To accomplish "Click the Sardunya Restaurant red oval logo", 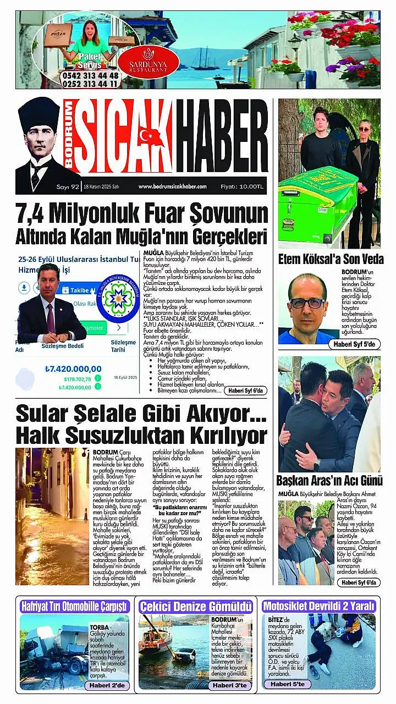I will [148, 61].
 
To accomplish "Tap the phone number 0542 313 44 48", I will [91, 76].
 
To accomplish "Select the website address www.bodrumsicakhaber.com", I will [172, 186].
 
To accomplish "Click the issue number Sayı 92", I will [67, 186].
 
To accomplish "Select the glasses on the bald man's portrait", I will [306, 302].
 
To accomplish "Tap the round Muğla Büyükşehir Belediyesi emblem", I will [118, 298].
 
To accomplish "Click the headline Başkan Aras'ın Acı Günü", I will [329, 479].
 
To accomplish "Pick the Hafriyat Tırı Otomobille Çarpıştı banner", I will [74, 606].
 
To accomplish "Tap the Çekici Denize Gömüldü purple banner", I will [196, 606].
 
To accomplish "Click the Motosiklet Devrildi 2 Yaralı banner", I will [319, 606].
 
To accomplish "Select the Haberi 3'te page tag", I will [231, 685].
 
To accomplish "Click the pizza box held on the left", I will [58, 34].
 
